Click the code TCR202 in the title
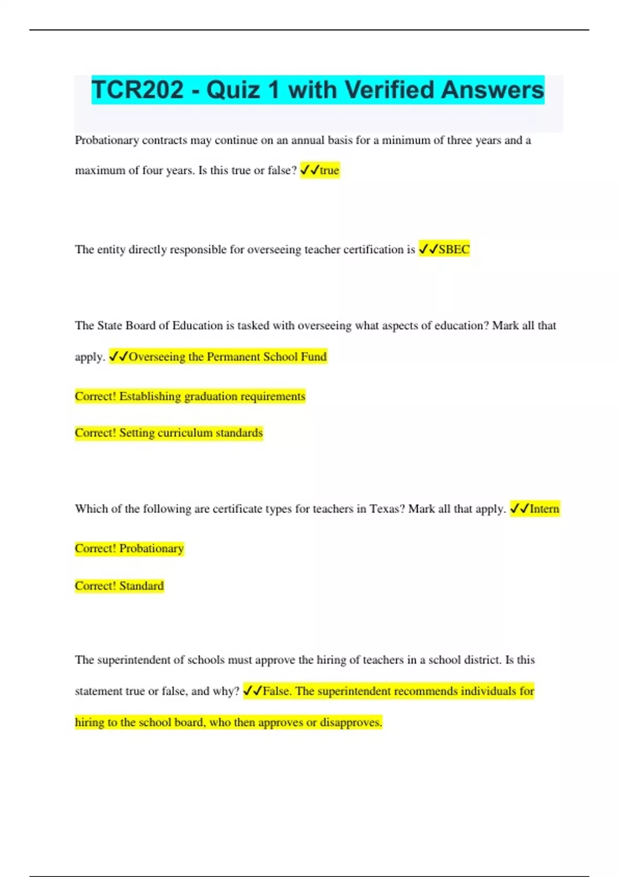[138, 90]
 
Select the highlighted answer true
[329, 170]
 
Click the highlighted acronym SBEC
[454, 250]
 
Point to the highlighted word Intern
[544, 509]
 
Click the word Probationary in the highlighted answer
[152, 548]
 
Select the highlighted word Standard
[141, 586]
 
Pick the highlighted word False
[277, 691]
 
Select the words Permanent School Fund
[267, 357]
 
